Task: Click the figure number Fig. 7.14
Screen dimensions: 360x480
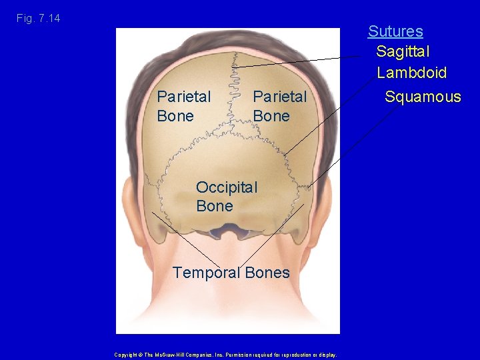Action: point(39,18)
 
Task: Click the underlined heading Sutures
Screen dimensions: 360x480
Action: point(395,31)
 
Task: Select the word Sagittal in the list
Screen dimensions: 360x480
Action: point(403,51)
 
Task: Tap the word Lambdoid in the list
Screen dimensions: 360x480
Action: point(411,73)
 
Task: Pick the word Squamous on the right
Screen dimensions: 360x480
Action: point(423,97)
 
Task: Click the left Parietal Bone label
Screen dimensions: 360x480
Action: point(183,106)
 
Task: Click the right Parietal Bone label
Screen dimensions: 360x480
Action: point(280,106)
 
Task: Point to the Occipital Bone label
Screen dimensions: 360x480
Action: point(226,197)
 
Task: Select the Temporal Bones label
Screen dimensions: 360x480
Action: point(231,273)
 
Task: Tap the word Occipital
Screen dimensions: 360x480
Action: point(226,187)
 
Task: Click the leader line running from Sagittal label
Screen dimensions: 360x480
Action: point(300,61)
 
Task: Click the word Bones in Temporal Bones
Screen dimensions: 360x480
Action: point(267,273)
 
